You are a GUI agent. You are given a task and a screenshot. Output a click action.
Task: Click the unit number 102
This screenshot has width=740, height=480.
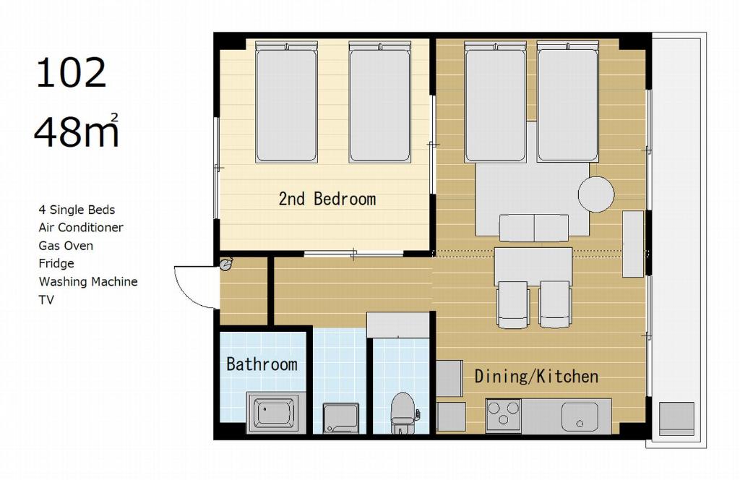[72, 73]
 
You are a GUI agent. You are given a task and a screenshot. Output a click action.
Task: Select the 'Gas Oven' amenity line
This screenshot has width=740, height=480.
[66, 246]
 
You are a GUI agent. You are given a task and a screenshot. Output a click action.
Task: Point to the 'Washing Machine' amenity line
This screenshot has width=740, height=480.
[88, 282]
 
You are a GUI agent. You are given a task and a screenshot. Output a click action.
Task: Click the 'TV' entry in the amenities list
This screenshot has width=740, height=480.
[46, 300]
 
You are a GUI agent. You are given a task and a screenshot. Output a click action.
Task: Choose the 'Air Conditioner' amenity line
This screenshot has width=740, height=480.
[81, 228]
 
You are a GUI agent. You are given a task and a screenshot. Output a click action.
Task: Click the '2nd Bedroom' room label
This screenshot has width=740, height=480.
[327, 199]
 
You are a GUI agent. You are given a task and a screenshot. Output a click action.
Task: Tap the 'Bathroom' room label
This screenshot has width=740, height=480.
[262, 364]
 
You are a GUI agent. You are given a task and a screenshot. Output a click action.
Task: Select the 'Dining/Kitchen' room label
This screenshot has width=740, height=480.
[537, 376]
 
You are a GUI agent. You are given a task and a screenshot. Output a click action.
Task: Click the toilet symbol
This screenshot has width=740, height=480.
[403, 413]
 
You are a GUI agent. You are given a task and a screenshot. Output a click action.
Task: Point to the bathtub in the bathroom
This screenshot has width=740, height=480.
[272, 413]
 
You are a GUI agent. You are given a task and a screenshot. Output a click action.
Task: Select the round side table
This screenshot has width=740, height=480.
[596, 194]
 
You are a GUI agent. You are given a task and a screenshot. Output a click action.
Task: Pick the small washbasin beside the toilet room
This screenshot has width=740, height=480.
[341, 418]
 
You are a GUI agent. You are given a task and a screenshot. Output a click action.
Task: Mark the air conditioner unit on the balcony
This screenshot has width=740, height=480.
[676, 419]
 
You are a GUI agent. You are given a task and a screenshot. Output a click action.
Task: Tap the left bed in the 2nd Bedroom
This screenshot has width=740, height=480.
[286, 102]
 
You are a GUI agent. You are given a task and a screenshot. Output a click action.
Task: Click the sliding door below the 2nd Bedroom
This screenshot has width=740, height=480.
[353, 254]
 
